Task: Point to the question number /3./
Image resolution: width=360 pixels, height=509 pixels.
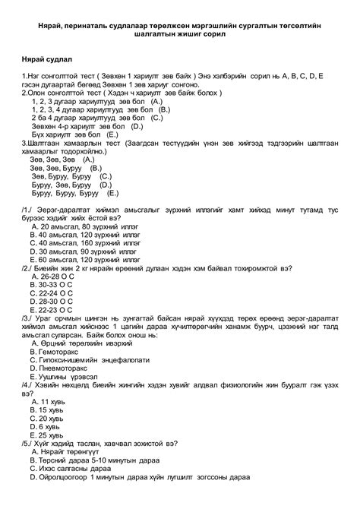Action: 29,318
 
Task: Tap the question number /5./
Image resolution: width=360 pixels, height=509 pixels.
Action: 29,443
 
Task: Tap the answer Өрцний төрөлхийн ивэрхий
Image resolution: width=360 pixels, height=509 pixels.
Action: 89,343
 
